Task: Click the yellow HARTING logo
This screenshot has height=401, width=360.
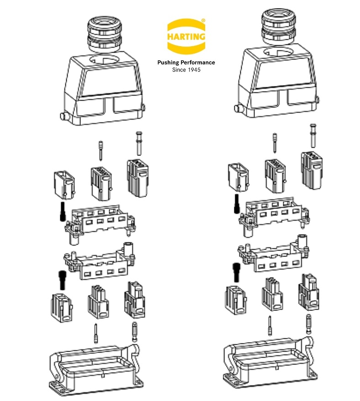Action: [186, 37]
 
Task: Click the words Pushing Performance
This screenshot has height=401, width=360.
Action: [186, 63]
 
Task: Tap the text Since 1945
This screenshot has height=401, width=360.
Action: [186, 70]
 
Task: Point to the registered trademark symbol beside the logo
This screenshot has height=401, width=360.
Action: [203, 21]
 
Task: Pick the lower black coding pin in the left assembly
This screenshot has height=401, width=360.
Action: [62, 280]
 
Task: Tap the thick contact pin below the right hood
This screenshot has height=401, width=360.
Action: [313, 134]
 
